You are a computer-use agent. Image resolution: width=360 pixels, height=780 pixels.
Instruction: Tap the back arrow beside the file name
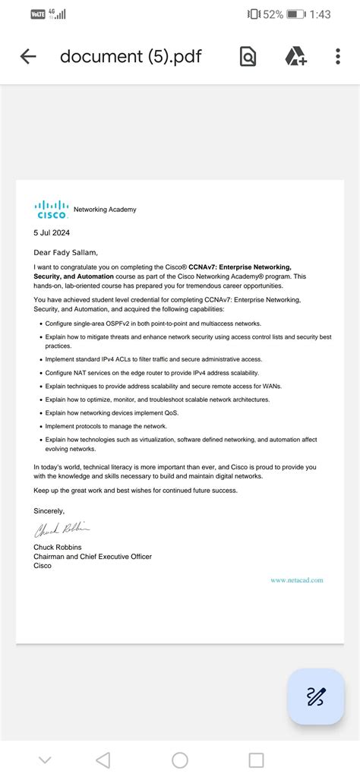coord(28,56)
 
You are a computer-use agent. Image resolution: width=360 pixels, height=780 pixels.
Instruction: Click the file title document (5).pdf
coord(131,56)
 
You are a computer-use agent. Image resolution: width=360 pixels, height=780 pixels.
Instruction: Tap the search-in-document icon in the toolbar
coord(248,56)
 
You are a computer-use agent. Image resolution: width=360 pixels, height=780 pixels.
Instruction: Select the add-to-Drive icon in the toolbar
coord(295,56)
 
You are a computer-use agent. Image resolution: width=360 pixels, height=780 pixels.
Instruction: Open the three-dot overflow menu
coord(338,56)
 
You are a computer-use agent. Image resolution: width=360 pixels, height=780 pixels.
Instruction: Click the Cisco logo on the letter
coord(52,209)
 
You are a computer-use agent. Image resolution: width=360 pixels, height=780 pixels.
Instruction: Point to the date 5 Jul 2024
coord(52,232)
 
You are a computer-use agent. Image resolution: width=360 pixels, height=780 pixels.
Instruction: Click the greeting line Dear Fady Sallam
coord(66,252)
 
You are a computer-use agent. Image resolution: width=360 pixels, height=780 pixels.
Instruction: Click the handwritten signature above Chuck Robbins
coord(62,529)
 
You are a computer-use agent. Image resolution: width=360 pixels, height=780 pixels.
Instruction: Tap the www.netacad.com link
coord(296,580)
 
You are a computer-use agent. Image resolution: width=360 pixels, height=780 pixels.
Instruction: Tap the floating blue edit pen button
coord(316,696)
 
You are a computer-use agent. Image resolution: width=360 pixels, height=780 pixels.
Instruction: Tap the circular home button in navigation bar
coord(180,760)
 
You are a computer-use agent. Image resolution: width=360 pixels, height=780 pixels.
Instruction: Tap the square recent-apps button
coord(257,760)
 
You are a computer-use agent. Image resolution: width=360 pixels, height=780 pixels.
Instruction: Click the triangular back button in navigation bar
coord(103,760)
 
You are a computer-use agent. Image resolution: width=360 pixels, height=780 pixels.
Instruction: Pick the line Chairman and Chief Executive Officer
coord(93,557)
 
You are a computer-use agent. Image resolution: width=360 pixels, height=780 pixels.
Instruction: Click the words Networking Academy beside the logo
coord(105,210)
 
